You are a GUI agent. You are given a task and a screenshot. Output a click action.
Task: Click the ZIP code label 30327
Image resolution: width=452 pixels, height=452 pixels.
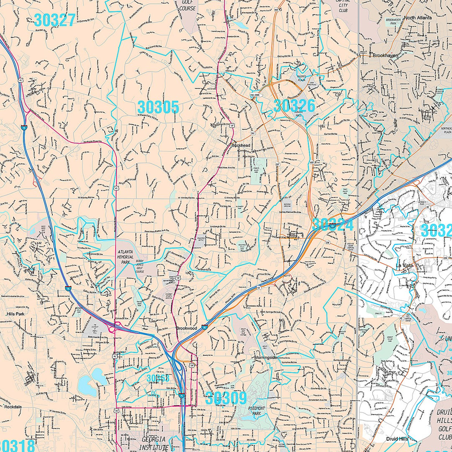pos(54,20)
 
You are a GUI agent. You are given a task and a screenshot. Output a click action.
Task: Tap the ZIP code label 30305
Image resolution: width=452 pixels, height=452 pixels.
pos(158,108)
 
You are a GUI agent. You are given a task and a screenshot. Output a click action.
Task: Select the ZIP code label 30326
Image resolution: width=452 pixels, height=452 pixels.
pos(294,105)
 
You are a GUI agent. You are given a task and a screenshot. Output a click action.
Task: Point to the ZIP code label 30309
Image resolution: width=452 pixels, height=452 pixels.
pos(226,398)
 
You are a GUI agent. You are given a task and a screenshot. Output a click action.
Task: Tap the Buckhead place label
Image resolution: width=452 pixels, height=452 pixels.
pos(241,145)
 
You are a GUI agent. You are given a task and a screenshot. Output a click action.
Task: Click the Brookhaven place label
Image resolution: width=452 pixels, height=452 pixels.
pos(385,55)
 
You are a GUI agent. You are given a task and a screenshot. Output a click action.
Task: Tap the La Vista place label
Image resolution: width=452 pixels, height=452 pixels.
pos(405,265)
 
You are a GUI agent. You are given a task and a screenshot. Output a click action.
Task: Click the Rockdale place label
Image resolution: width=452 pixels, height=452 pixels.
pos(13,407)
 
